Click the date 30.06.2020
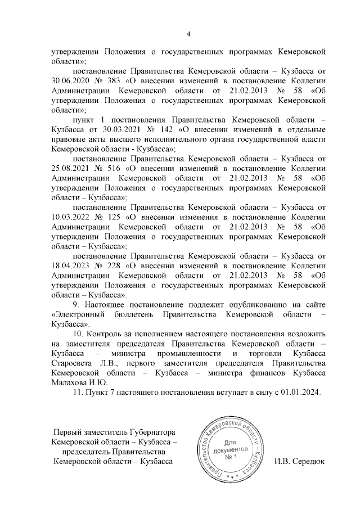coord(69,80)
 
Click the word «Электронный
coord(79,316)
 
